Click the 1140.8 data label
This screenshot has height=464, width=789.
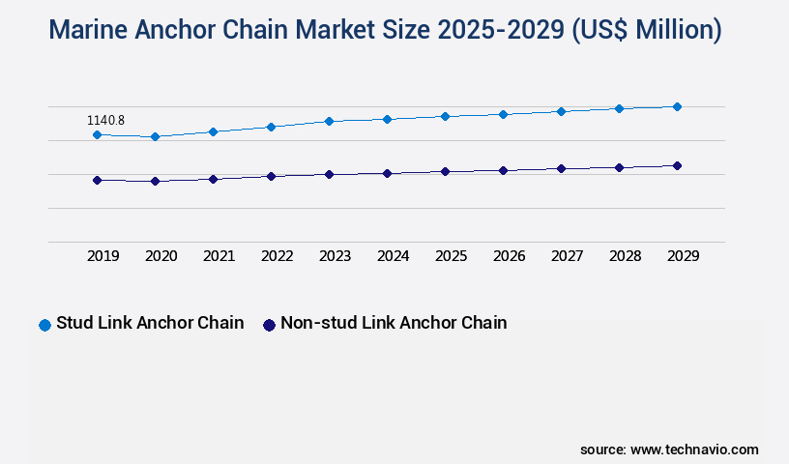click(x=105, y=121)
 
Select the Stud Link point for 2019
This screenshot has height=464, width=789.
click(x=97, y=134)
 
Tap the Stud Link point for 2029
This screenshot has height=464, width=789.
click(x=677, y=106)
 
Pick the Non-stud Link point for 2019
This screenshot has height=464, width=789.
click(x=97, y=180)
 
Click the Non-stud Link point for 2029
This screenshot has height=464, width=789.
click(x=677, y=165)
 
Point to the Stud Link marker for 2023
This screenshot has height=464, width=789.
click(x=329, y=121)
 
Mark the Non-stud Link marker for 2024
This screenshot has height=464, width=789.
click(x=387, y=173)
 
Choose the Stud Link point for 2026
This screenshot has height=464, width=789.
click(x=503, y=114)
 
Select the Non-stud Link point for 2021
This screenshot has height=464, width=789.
click(x=213, y=179)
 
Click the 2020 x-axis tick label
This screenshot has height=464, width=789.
click(x=161, y=256)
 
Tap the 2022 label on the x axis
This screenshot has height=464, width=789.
click(x=277, y=256)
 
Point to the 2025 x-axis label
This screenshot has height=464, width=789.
click(x=451, y=256)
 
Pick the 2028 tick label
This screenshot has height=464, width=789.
click(x=625, y=256)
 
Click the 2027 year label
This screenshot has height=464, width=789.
click(x=567, y=256)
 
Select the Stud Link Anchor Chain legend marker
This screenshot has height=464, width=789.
click(x=44, y=325)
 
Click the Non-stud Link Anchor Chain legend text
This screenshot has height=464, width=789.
click(x=394, y=323)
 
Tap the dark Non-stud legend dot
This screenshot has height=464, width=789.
click(x=270, y=325)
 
